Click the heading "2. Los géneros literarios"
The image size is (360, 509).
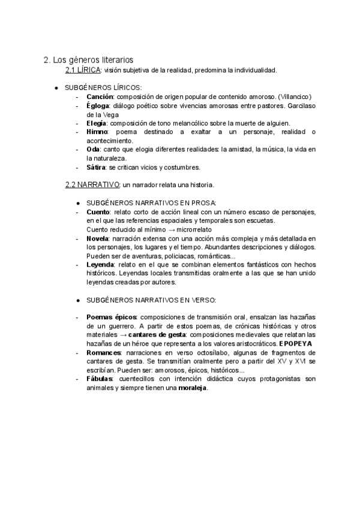(x=88, y=60)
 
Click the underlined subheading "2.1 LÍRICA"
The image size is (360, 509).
(x=83, y=70)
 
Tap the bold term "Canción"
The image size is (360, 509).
(x=100, y=97)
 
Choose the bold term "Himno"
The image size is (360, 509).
(x=98, y=131)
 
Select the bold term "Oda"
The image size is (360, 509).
(x=93, y=149)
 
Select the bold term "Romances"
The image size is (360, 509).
(x=104, y=352)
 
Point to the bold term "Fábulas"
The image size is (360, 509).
(x=100, y=379)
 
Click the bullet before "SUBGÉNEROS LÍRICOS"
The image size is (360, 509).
(x=56, y=88)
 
